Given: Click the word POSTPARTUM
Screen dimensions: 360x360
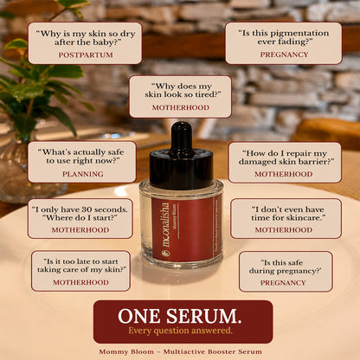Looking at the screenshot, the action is click(86, 55).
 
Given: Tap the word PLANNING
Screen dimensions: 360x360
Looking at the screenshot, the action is click(83, 174).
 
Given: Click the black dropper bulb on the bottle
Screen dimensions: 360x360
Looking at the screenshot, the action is click(182, 136).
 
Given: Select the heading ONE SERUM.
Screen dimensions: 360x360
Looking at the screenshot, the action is click(180, 316).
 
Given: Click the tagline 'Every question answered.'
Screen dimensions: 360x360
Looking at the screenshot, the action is click(180, 331).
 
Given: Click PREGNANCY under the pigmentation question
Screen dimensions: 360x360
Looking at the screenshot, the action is click(284, 55).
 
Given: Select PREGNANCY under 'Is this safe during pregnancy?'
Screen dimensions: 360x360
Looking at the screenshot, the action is click(283, 283).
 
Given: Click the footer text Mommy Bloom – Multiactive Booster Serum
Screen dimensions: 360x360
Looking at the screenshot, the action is click(180, 351).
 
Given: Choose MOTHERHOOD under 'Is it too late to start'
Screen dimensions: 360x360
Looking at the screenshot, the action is click(80, 282).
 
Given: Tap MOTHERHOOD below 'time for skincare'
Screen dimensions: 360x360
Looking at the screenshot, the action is click(284, 230).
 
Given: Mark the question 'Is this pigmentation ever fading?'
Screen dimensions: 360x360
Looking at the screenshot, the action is click(284, 37).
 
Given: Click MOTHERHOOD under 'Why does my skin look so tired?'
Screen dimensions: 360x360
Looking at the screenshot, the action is click(181, 107).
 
